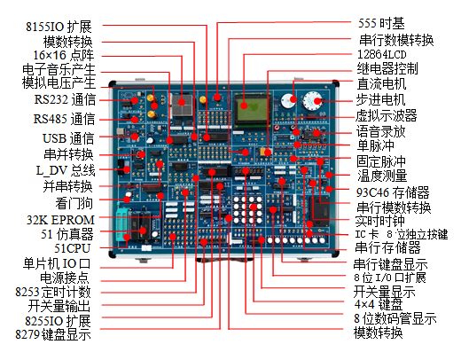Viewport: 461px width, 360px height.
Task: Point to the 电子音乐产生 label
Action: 59,68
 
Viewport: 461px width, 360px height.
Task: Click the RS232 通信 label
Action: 63,100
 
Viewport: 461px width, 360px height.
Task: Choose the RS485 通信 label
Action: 63,119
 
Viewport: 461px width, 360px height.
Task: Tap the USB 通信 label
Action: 67,138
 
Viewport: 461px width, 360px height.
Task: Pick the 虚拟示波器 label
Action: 386,115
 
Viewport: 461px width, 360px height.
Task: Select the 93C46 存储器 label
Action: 392,192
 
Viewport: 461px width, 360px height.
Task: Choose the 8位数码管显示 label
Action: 395,318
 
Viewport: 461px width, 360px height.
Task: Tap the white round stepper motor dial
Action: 312,101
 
